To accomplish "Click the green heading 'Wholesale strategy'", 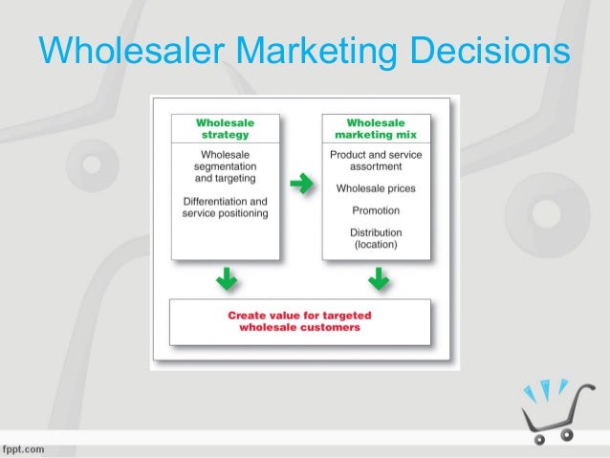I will [225, 129].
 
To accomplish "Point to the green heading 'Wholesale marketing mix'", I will [376, 129].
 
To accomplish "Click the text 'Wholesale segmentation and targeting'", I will [225, 166].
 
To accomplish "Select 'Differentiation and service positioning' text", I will [225, 207].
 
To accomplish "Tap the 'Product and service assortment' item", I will [376, 161].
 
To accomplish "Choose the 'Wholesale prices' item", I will [376, 188].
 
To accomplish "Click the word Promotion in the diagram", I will [376, 210].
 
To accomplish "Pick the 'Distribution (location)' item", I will [376, 238].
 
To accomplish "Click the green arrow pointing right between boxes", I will [301, 184].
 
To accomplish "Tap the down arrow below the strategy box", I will [227, 279].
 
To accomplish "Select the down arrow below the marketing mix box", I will [379, 279].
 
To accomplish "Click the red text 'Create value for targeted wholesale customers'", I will [299, 321].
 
